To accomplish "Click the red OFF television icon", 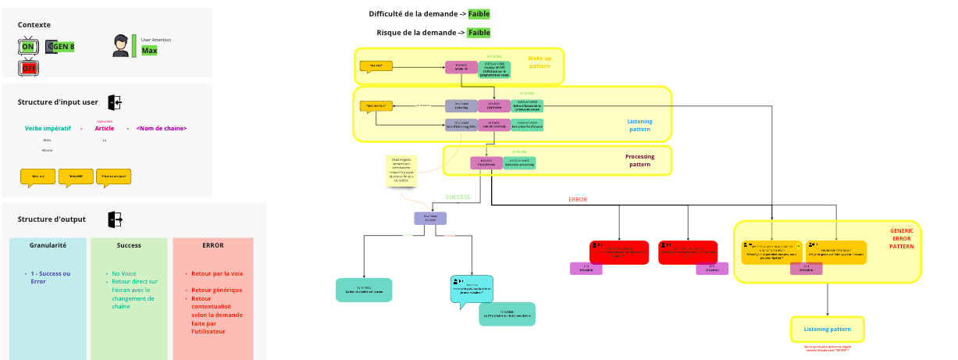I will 29,68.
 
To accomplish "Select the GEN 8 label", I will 62,48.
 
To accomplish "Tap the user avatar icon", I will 120,46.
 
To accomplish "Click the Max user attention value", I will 149,51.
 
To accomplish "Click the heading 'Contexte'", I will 35,25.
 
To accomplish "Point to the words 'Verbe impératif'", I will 48,128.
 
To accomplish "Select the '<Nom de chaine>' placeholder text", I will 162,128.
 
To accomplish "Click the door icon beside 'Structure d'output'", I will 115,219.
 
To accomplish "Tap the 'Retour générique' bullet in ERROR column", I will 216,290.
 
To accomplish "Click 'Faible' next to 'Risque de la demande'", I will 479,33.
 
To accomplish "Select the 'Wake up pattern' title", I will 539,62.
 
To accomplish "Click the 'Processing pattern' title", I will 639,160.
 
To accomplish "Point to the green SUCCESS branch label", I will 458,197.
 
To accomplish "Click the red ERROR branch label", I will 577,199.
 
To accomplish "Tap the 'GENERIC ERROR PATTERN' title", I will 901,238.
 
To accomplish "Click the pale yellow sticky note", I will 402,171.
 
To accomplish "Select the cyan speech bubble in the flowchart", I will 471,288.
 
